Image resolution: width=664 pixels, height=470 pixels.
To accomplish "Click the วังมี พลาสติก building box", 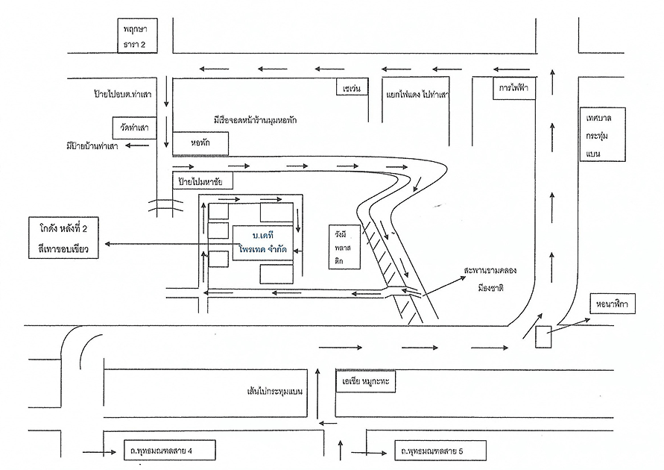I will coord(345,245).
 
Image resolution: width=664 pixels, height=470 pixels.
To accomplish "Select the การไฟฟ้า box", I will coord(514,89).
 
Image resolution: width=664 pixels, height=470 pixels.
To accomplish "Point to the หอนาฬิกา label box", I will coord(612,304).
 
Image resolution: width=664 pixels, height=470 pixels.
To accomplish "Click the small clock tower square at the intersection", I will coord(543,338).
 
